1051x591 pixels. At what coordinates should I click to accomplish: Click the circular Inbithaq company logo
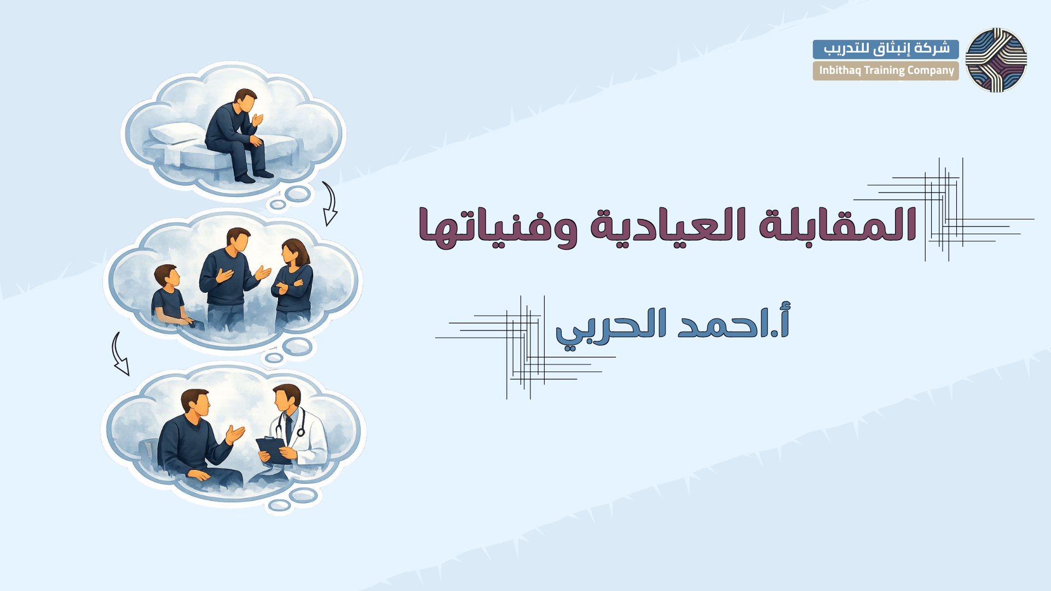click(x=996, y=60)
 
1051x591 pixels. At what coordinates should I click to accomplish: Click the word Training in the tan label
click(x=884, y=71)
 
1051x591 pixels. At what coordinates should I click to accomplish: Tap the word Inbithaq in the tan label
click(x=840, y=71)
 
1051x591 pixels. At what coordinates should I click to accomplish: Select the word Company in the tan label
click(x=931, y=71)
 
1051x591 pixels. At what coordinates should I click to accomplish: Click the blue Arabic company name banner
click(x=886, y=49)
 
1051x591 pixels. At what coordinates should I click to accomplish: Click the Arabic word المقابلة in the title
click(x=838, y=224)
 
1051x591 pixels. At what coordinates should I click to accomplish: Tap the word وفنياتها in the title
click(x=498, y=227)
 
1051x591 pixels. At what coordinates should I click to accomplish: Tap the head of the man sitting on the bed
click(x=245, y=101)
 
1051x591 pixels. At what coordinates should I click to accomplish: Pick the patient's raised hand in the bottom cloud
click(x=235, y=434)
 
